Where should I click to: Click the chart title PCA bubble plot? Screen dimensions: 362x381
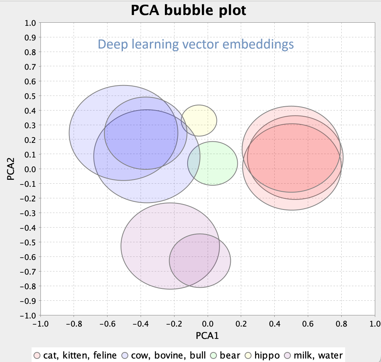click(188, 10)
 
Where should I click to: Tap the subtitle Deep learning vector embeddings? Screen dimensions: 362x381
click(196, 44)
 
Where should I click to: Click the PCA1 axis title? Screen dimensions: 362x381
click(208, 336)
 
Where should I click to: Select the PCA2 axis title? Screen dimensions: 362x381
click(10, 169)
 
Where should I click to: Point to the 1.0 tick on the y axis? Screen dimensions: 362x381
click(31, 23)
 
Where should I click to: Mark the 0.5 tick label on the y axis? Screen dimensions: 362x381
click(31, 96)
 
